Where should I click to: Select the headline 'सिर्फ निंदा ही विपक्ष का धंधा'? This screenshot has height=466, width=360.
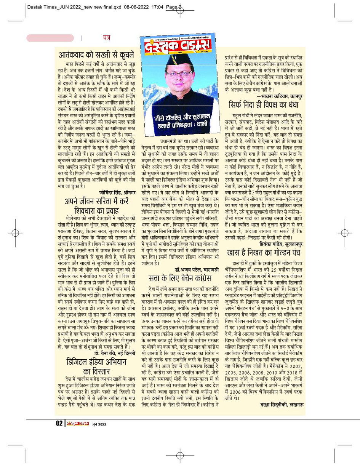263,104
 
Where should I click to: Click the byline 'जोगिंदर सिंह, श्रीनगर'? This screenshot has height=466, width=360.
117,192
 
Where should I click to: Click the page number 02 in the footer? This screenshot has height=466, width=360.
59,423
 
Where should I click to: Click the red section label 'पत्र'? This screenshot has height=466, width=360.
106,37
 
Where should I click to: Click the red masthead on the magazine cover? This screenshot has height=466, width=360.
177,46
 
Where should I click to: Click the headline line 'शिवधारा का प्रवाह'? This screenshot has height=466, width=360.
101,210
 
